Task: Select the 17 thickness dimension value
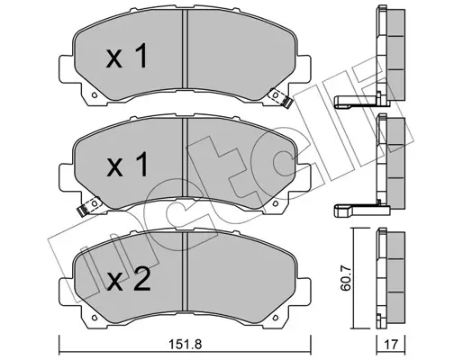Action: coord(392,345)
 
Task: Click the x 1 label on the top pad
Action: coord(127,56)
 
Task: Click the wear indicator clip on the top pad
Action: coord(281,98)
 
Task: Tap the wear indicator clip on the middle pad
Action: coord(89,206)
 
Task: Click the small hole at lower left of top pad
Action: coord(94,95)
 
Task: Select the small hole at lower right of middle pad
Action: coord(276,203)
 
